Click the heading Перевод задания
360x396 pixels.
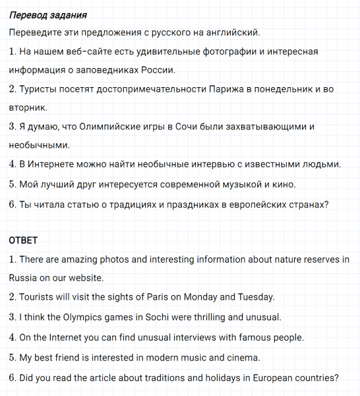47,15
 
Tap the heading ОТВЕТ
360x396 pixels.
23,241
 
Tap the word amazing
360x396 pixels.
84,259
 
